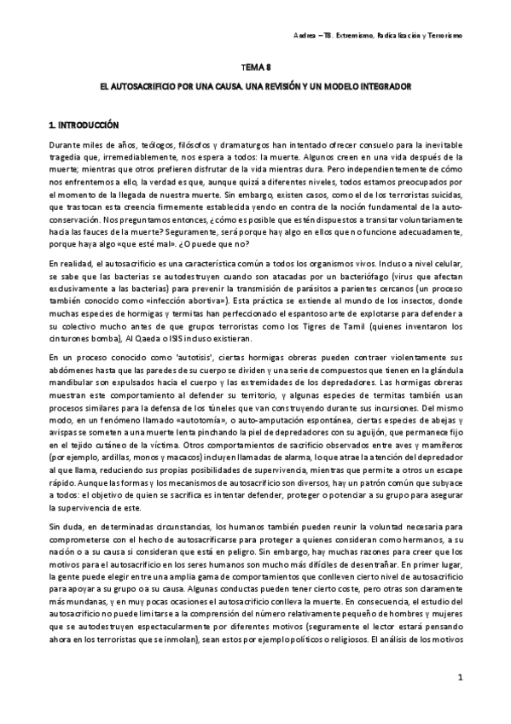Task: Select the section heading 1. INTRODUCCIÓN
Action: tap(84, 125)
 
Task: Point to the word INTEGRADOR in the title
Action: tap(385, 87)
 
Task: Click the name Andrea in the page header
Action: tap(305, 36)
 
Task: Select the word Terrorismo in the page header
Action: tap(442, 36)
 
